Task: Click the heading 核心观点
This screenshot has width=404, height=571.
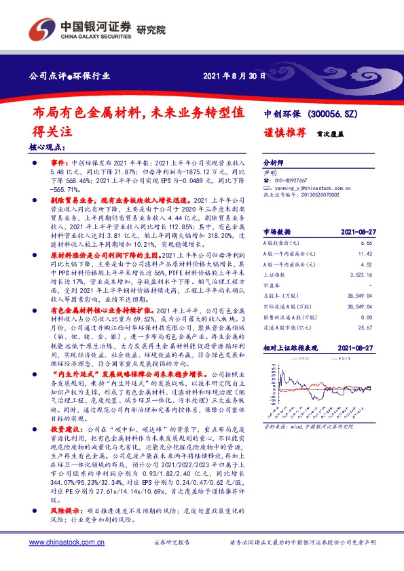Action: [48, 146]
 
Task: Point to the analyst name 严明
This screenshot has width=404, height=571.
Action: [270, 173]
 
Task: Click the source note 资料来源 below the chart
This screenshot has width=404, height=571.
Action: [274, 427]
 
